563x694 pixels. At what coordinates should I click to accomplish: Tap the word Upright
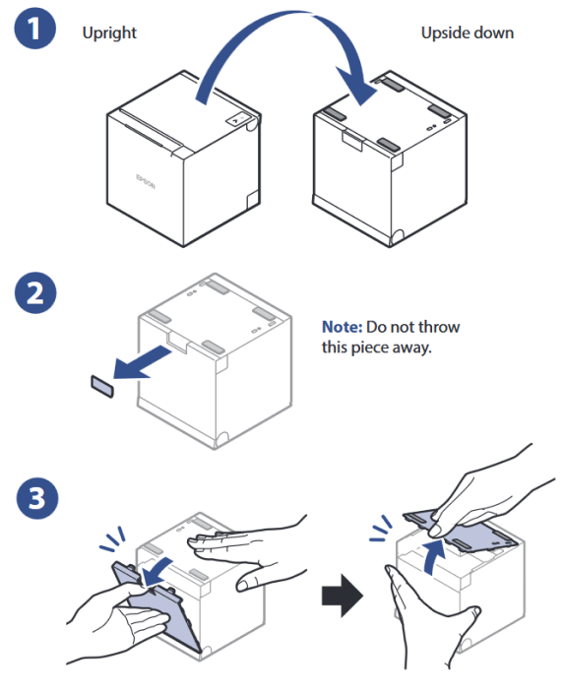tap(109, 32)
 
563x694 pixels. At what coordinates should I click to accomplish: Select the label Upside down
tap(467, 32)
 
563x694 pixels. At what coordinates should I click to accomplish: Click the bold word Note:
tap(343, 327)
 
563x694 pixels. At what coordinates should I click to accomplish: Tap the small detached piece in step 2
tap(101, 387)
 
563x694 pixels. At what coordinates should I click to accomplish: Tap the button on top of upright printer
tap(234, 117)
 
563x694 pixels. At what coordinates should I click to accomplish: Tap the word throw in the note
tap(439, 327)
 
